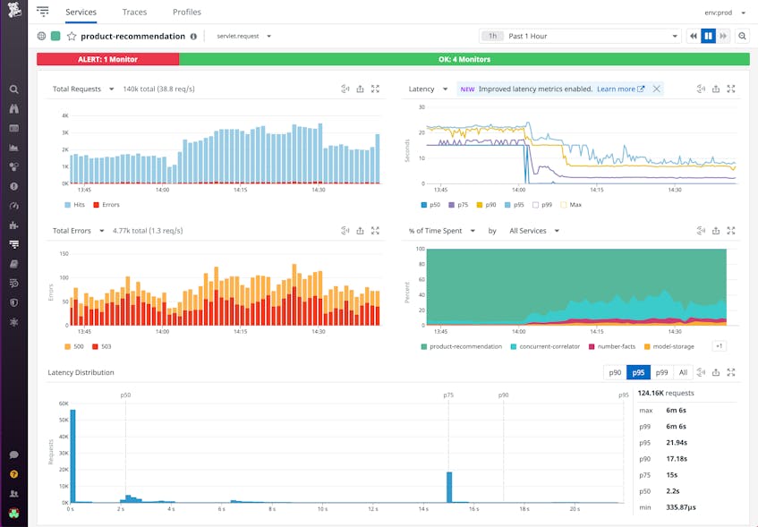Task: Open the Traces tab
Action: click(135, 13)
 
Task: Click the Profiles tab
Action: click(186, 13)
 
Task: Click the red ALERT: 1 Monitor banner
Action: click(107, 59)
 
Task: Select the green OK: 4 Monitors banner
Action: click(464, 59)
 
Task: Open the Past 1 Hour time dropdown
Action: click(580, 36)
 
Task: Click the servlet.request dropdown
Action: click(243, 36)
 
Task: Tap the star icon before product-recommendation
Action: click(72, 36)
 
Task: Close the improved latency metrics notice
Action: click(656, 89)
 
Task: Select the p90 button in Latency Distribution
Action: click(614, 372)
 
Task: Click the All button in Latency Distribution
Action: click(683, 372)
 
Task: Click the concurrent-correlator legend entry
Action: click(546, 346)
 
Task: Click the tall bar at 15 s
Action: click(449, 487)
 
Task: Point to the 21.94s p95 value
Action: click(677, 443)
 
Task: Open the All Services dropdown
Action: click(533, 231)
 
